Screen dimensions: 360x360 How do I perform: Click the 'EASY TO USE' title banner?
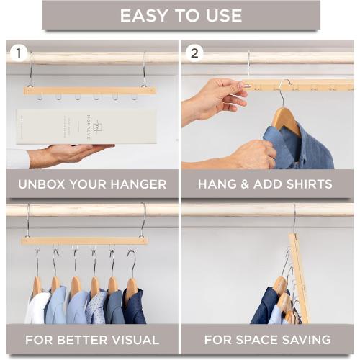click(181, 15)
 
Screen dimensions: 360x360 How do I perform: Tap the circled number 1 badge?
click(19, 53)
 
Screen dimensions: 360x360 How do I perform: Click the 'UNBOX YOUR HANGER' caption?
click(92, 184)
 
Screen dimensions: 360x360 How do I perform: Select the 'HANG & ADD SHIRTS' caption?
click(266, 184)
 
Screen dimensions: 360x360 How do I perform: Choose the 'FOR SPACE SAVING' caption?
click(267, 340)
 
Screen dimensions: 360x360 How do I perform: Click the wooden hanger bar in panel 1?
click(89, 90)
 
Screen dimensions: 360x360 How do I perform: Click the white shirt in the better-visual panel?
click(38, 308)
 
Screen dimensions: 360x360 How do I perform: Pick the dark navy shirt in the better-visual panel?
click(134, 307)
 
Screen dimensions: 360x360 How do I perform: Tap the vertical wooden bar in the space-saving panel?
click(300, 277)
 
